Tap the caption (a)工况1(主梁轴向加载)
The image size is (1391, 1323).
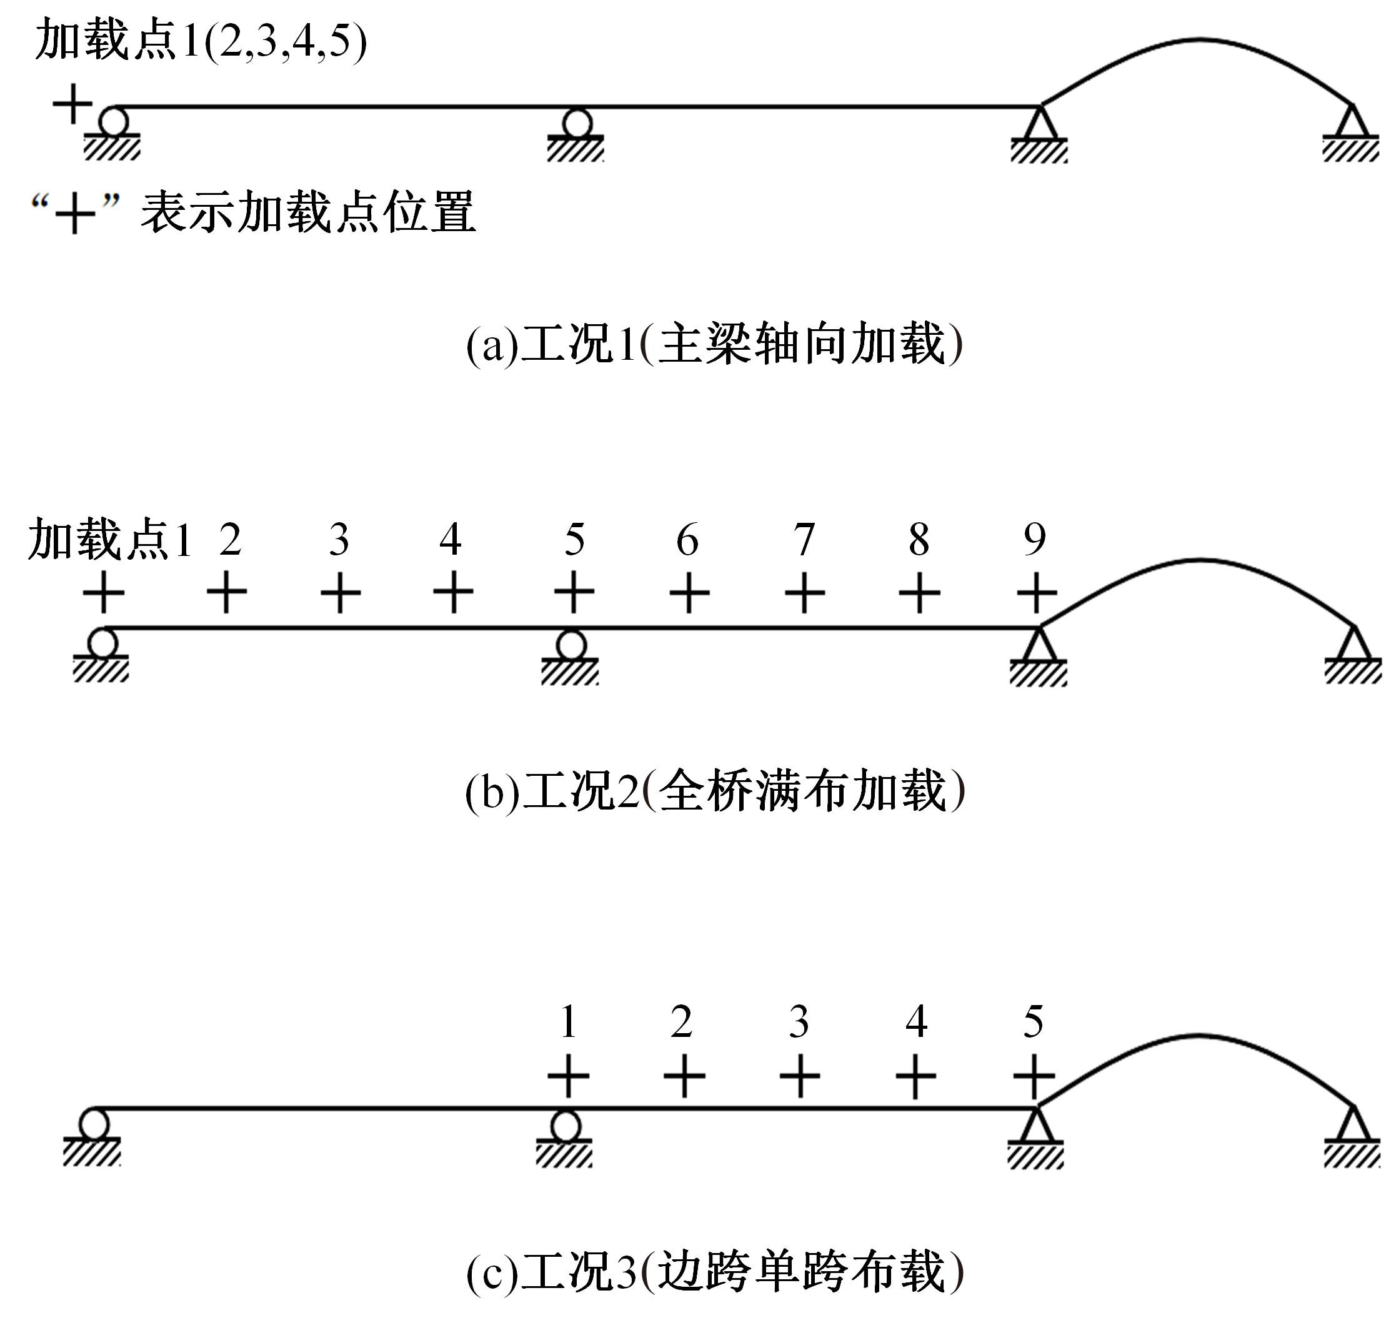(x=714, y=344)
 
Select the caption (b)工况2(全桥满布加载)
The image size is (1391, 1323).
(x=714, y=791)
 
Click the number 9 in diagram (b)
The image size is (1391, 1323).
(x=1035, y=540)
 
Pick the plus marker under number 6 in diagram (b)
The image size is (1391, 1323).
(x=689, y=592)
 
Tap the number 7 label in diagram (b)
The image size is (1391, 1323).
(x=804, y=540)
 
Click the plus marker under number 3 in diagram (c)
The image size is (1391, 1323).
(x=799, y=1077)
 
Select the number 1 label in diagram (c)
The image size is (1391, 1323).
(x=569, y=1022)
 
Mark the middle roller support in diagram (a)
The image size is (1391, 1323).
(x=576, y=135)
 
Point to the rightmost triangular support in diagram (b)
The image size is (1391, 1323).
(x=1353, y=655)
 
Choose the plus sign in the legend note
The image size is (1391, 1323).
(x=74, y=213)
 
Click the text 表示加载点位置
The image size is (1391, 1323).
(x=308, y=212)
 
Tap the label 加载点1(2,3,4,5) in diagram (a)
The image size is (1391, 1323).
(x=201, y=41)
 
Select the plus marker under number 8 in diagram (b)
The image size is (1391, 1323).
(x=919, y=592)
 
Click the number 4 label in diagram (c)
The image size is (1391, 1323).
(x=916, y=1022)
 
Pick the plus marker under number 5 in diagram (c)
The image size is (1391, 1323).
(x=1034, y=1077)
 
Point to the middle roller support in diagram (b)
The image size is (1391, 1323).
(x=571, y=657)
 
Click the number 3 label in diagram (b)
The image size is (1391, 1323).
(x=339, y=540)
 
